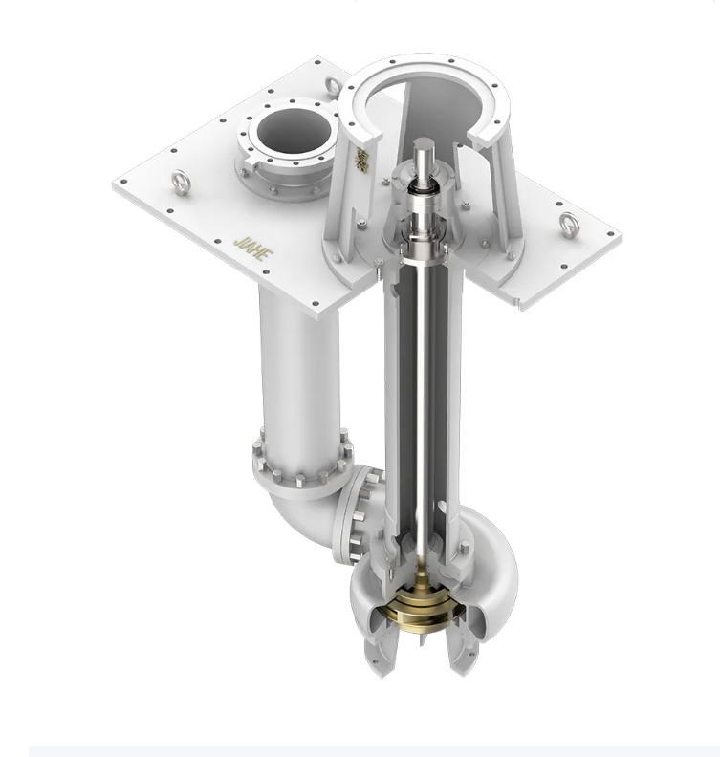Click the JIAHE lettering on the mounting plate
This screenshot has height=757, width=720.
pos(247,239)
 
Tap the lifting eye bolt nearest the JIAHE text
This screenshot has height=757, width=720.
pos(179,178)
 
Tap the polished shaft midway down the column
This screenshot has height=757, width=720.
pos(421,382)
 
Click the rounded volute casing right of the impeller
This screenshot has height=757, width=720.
pos(493,573)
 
